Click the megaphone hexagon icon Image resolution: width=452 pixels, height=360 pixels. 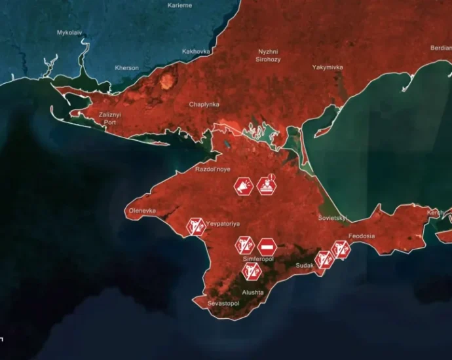(x=244, y=187)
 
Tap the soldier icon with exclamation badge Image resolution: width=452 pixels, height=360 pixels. (x=267, y=187)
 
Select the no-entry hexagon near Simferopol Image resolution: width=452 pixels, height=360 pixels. (x=267, y=246)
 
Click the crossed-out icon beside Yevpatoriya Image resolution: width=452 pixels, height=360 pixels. (x=195, y=226)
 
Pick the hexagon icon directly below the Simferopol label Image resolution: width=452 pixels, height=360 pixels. (x=251, y=270)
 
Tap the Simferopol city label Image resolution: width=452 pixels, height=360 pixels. (x=258, y=259)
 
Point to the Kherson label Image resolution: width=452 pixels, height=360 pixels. (x=126, y=68)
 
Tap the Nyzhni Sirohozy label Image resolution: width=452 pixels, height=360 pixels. (x=268, y=55)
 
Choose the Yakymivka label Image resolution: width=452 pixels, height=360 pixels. (x=328, y=67)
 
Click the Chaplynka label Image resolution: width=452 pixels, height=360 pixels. (x=204, y=105)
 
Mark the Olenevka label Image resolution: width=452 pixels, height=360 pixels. (x=142, y=211)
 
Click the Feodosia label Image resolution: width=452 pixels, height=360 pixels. (x=362, y=236)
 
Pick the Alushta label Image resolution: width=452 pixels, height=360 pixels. (x=253, y=293)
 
